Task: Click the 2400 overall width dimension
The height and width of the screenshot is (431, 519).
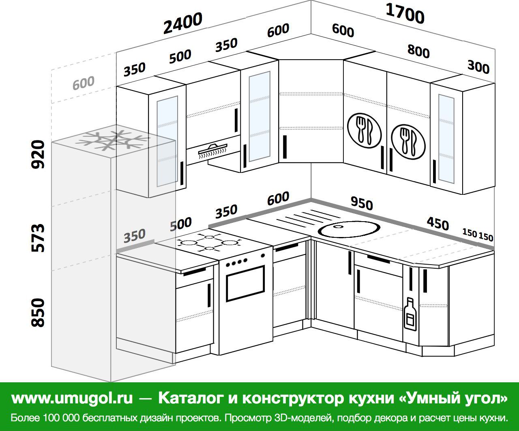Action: tap(183, 23)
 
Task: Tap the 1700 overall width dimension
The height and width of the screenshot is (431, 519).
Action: tap(405, 14)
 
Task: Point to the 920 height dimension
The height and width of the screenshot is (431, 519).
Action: tap(38, 154)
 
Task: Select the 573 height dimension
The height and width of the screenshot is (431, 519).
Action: tap(38, 238)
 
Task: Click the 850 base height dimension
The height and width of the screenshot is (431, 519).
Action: tap(38, 312)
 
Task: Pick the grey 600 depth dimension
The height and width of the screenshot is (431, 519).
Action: tap(84, 83)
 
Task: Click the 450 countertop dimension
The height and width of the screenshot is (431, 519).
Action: tap(438, 224)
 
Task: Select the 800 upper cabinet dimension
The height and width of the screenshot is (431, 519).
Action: tap(418, 52)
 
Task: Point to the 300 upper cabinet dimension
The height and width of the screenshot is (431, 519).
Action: tap(478, 67)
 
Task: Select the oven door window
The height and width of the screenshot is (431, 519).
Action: tap(245, 283)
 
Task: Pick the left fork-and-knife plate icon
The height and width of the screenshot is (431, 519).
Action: tap(364, 131)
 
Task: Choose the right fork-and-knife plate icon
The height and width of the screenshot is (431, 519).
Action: tap(408, 142)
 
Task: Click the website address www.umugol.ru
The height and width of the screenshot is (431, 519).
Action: tap(72, 398)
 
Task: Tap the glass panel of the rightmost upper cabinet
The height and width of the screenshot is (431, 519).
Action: tap(446, 139)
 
